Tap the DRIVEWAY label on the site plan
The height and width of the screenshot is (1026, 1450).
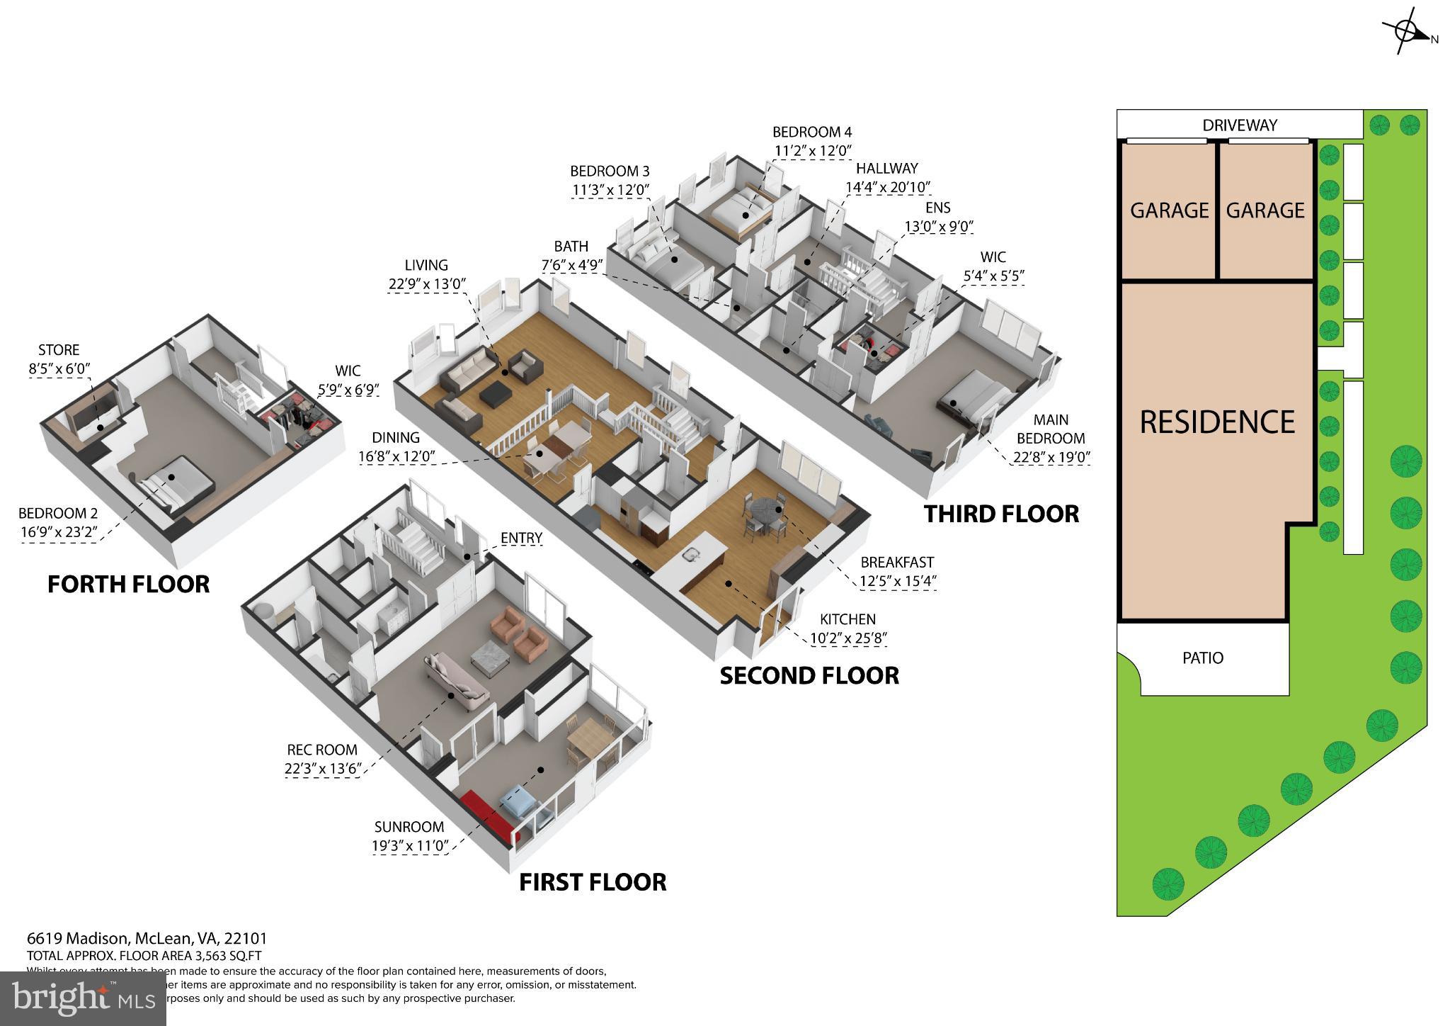point(1240,125)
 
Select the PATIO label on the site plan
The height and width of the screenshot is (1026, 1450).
point(1202,658)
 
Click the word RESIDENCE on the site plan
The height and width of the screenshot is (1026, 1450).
point(1217,422)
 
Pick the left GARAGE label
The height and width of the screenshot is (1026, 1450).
point(1169,210)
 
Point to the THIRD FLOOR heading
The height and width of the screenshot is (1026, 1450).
point(1001,514)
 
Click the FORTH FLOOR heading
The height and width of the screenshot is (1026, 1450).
point(128,585)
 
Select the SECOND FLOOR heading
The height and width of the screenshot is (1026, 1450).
point(809,676)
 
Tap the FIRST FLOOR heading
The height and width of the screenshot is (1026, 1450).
point(593,882)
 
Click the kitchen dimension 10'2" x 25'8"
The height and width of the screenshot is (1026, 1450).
point(847,638)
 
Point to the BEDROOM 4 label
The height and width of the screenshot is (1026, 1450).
point(811,132)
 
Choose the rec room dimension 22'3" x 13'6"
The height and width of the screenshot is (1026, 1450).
point(323,769)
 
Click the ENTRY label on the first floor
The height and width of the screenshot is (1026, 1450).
point(521,539)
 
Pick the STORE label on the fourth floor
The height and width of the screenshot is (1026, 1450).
point(59,350)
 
